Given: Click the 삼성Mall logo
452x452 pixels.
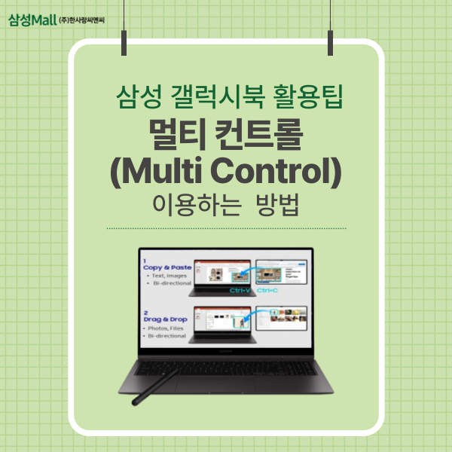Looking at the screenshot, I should (x=32, y=17).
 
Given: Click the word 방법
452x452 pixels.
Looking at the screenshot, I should (x=276, y=206).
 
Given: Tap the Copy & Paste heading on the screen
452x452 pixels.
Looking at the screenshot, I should (x=166, y=267).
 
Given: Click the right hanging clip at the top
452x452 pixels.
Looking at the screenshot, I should (x=329, y=38).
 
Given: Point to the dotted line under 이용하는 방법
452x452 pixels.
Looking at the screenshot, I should (x=226, y=228).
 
